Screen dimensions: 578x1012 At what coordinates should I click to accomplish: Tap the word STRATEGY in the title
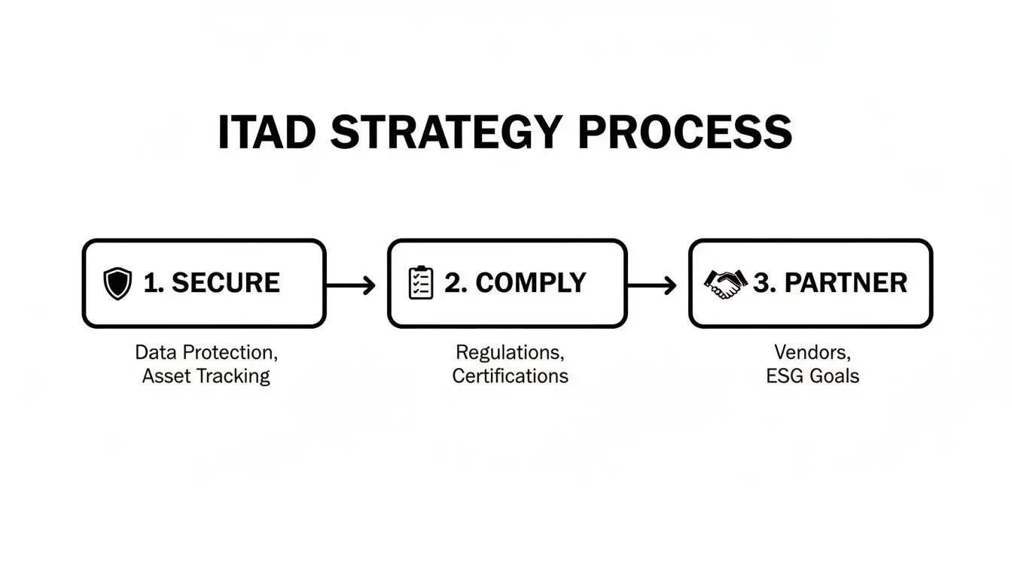pyautogui.click(x=446, y=133)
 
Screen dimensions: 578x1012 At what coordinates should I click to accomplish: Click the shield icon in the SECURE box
pyautogui.click(x=117, y=284)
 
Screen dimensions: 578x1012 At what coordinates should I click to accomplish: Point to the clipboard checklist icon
pyautogui.click(x=421, y=283)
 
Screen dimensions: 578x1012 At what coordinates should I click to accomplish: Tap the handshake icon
pyautogui.click(x=724, y=283)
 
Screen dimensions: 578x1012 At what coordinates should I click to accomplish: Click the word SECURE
pyautogui.click(x=226, y=283)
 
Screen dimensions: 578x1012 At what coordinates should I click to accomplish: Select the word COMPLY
pyautogui.click(x=531, y=283)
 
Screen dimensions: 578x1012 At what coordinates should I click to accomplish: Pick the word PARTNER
pyautogui.click(x=846, y=283)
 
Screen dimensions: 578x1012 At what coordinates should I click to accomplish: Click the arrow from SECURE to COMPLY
pyautogui.click(x=351, y=284)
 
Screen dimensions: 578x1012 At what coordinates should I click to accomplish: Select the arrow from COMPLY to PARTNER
pyautogui.click(x=652, y=284)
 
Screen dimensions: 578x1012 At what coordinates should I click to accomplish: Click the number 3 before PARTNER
pyautogui.click(x=762, y=283)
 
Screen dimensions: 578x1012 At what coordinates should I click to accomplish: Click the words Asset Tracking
pyautogui.click(x=206, y=376)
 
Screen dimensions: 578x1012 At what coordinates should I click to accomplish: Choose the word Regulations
pyautogui.click(x=509, y=351)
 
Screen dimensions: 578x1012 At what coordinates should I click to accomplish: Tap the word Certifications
pyautogui.click(x=510, y=376)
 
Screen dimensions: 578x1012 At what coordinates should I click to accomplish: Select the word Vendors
pyautogui.click(x=811, y=351)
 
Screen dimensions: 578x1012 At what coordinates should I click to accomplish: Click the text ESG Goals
pyautogui.click(x=812, y=376)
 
